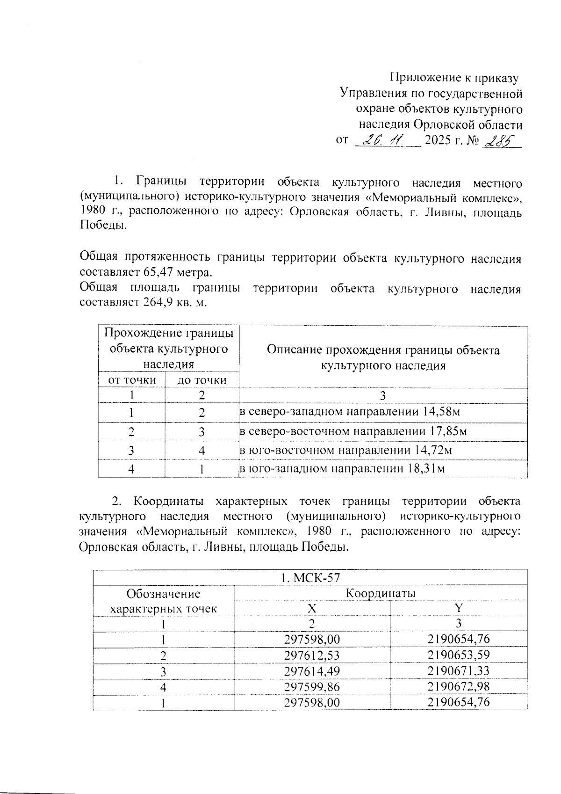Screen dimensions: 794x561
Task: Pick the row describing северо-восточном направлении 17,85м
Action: pyautogui.click(x=353, y=431)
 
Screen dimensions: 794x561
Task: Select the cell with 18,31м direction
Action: pyautogui.click(x=341, y=468)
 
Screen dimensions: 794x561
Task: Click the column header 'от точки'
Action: pyautogui.click(x=132, y=380)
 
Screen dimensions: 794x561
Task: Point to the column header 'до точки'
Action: pyautogui.click(x=201, y=380)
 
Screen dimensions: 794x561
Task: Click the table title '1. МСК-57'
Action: pyautogui.click(x=310, y=578)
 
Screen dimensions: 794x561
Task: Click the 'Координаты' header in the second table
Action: pyautogui.click(x=381, y=593)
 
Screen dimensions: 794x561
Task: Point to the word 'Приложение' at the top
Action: pyautogui.click(x=422, y=78)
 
